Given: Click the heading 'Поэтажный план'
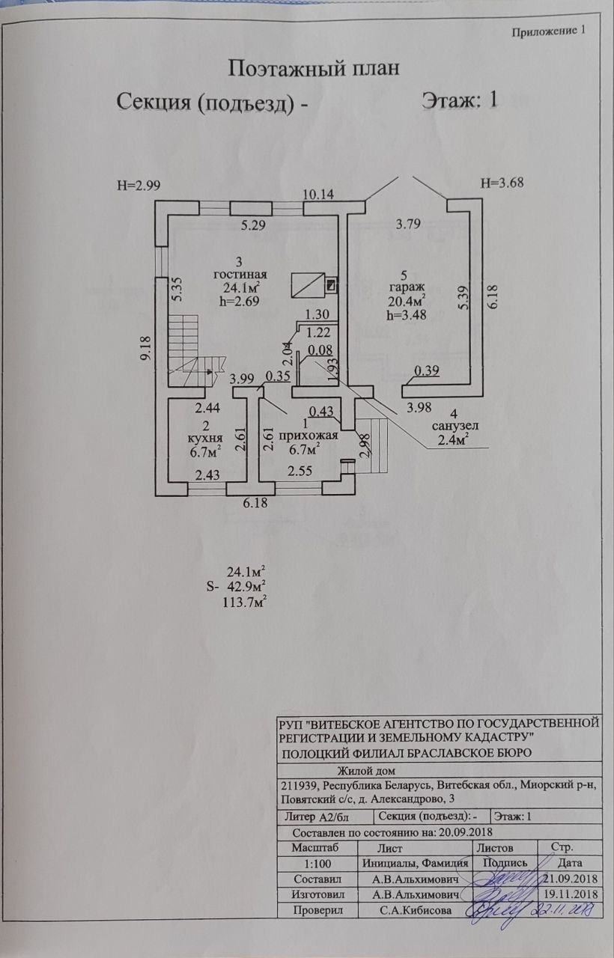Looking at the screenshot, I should click(x=313, y=69).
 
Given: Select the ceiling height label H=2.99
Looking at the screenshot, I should click(x=139, y=185).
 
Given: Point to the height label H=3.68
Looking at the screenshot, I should click(x=501, y=183).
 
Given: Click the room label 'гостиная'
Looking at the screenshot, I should click(x=240, y=274).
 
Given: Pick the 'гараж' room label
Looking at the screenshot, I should click(x=407, y=287).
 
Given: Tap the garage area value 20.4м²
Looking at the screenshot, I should click(x=407, y=302).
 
